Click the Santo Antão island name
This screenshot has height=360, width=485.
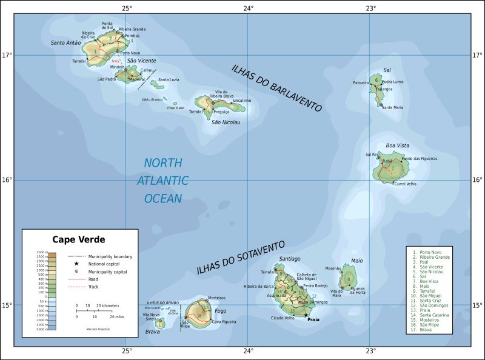(x=66, y=42)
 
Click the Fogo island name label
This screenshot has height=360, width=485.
(x=220, y=311)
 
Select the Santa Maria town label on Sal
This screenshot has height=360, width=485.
(x=393, y=107)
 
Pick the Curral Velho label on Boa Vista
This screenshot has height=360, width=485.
(x=405, y=184)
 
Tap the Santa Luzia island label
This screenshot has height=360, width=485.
(x=168, y=80)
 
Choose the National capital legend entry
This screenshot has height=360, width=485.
(x=104, y=264)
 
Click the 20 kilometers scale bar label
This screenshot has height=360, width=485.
(x=107, y=306)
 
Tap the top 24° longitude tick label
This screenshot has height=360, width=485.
(x=249, y=8)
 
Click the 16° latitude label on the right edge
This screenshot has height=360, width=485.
(x=477, y=179)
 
